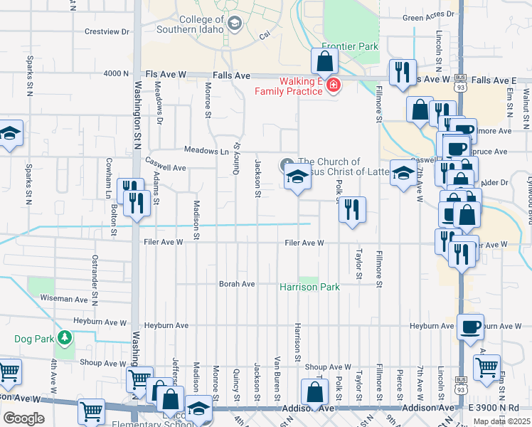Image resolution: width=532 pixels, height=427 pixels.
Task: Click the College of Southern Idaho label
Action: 201,26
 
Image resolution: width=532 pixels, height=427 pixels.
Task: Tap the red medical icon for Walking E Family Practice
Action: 333,86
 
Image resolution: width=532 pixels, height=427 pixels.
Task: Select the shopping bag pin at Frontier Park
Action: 324,63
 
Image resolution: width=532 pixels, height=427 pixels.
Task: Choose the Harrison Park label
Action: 309,287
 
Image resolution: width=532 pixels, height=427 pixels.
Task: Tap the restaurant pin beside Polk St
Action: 352,210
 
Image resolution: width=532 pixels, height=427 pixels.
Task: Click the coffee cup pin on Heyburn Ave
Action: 470,327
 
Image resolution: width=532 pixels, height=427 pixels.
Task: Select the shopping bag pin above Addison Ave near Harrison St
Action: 314,393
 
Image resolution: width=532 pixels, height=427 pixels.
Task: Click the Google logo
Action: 23,418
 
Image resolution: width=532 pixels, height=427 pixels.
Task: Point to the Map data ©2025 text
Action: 502,421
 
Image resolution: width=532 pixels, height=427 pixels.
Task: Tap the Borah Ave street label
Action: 237,284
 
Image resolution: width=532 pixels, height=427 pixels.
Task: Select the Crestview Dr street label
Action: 107,31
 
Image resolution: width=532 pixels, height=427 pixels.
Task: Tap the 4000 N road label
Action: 115,73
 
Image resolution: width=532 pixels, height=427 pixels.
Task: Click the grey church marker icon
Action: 287,163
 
